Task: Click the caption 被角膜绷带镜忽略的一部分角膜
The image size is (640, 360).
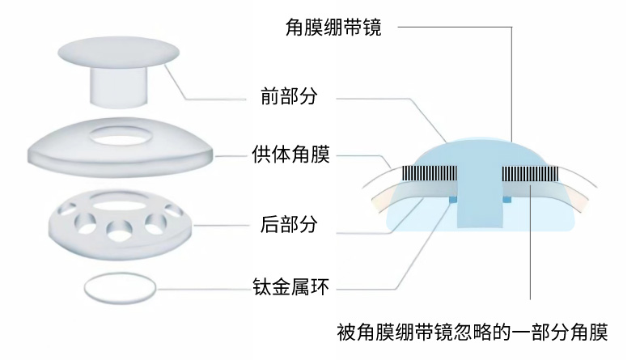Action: pyautogui.click(x=471, y=332)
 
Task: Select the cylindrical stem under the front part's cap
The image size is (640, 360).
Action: pyautogui.click(x=118, y=84)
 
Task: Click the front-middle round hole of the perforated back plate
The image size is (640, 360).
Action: pyautogui.click(x=119, y=229)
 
